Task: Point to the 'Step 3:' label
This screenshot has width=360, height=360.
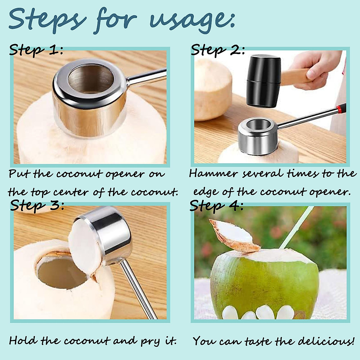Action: click(37, 205)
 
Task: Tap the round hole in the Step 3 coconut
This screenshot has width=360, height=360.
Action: click(61, 271)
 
